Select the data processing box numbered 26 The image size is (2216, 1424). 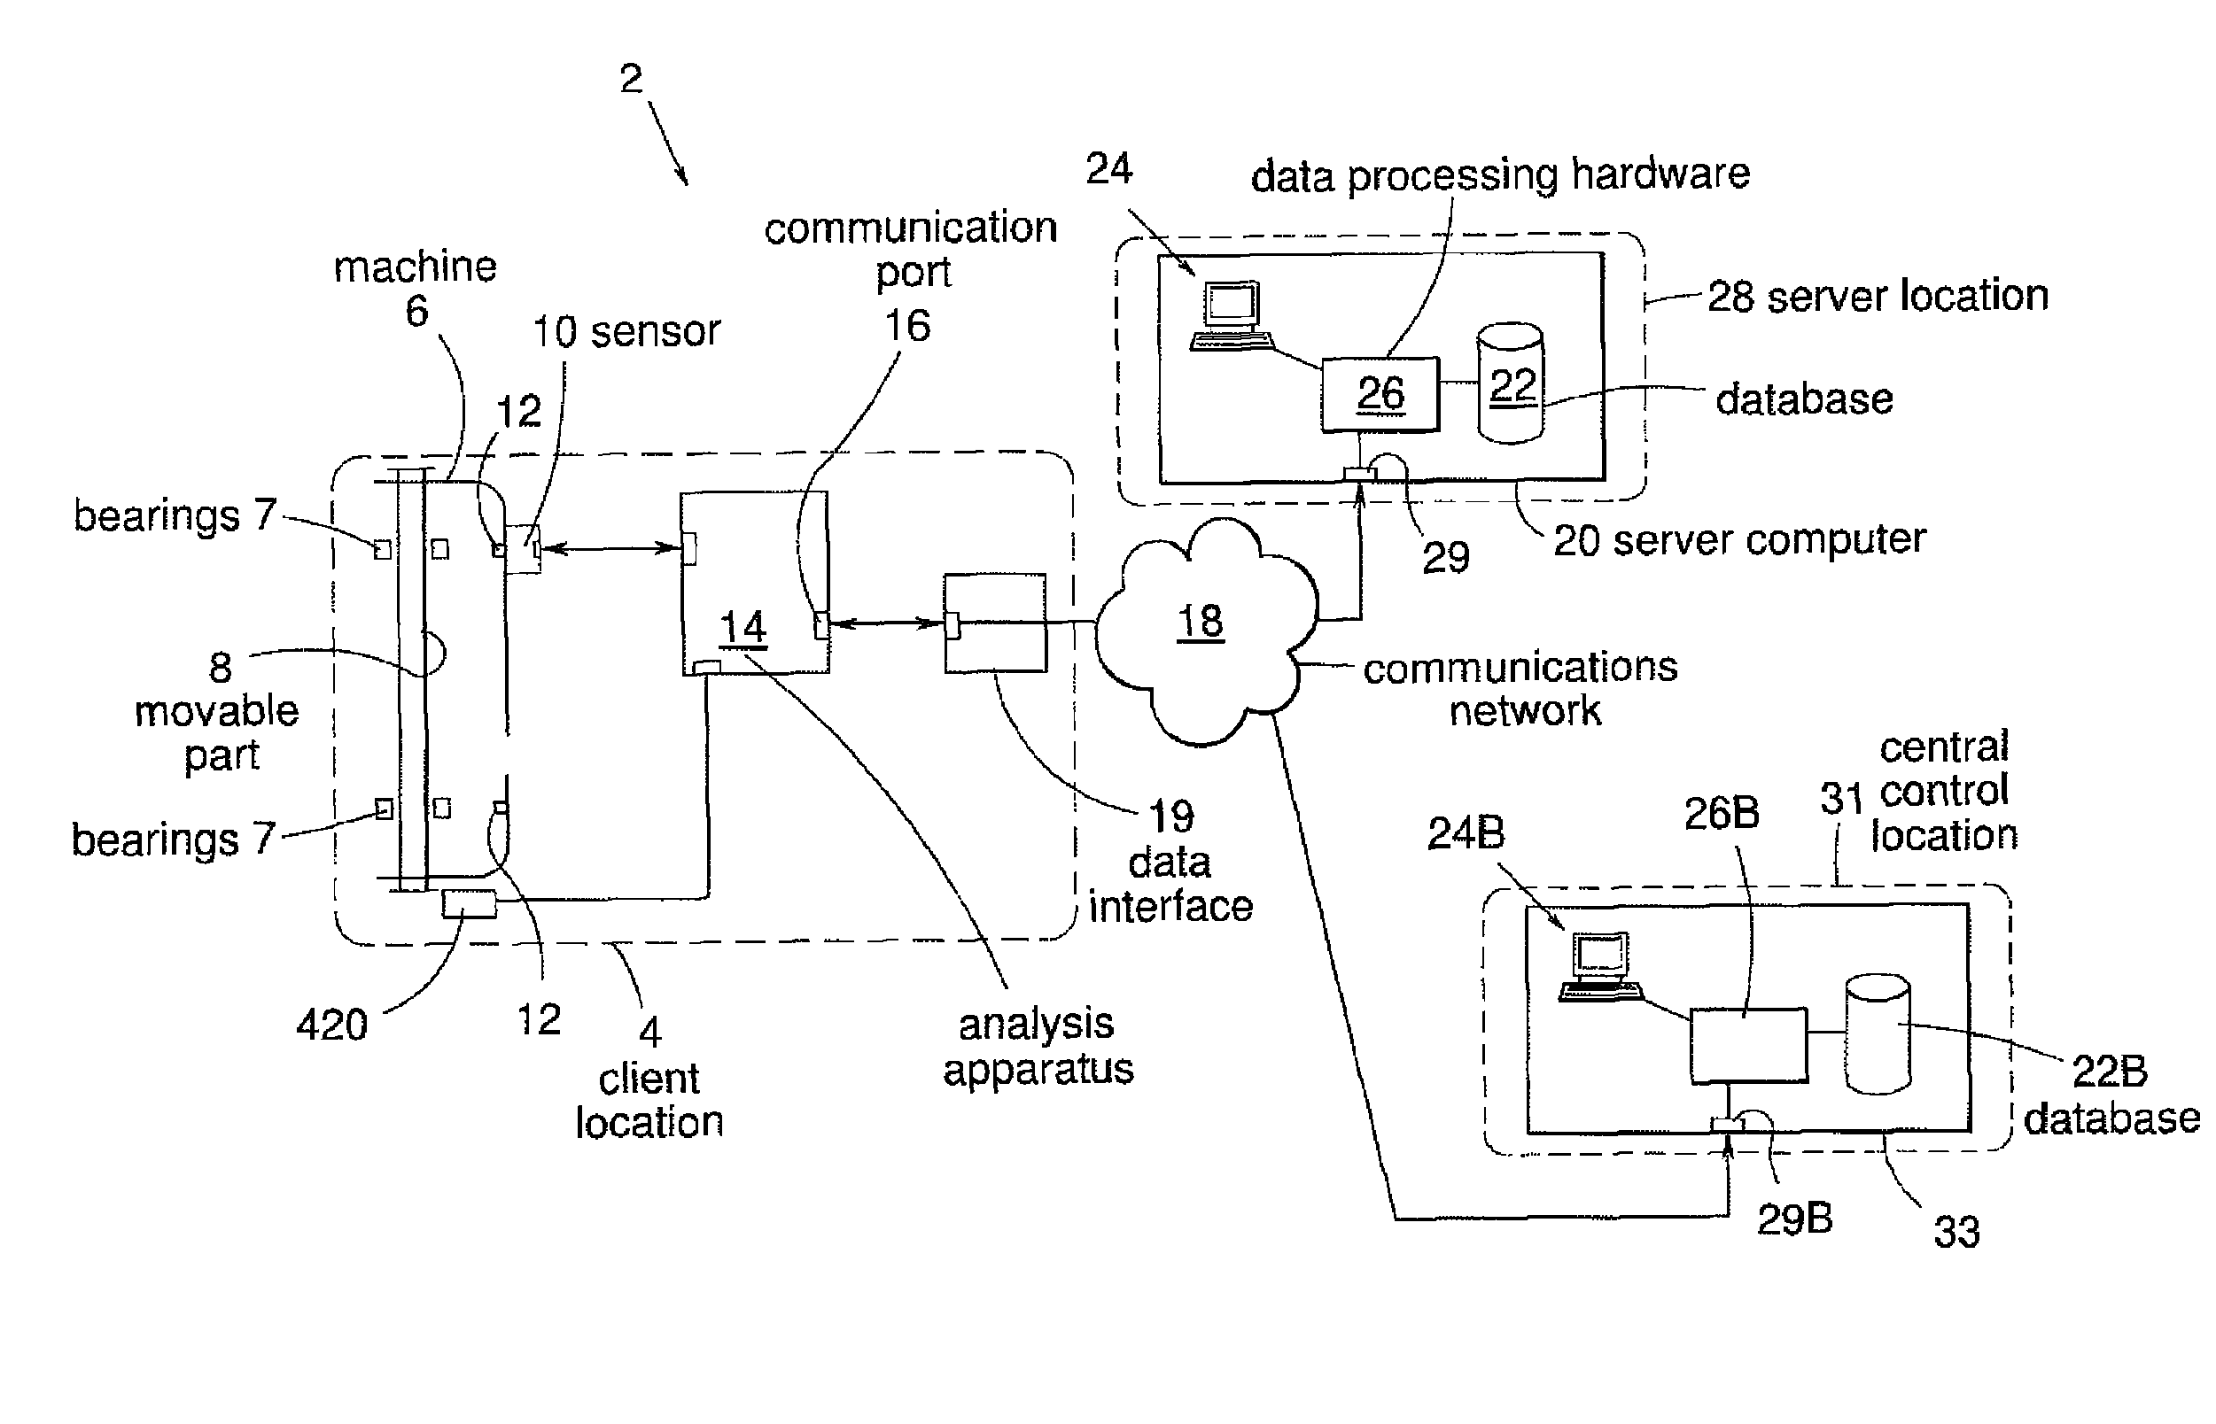coord(1379,394)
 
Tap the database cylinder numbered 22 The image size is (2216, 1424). coord(1511,382)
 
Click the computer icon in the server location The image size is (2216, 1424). coord(1230,316)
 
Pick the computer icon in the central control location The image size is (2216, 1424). coord(1600,966)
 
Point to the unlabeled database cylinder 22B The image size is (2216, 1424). coord(1878,1033)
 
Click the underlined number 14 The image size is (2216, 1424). coord(743,628)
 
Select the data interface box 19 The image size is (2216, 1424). coord(995,623)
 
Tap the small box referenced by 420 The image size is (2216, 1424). coord(469,902)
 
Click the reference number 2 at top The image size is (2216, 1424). coord(631,79)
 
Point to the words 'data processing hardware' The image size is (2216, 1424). coord(1500,174)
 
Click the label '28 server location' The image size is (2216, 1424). coord(1878,296)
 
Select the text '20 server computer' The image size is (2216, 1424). coord(1738,540)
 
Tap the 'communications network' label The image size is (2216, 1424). coord(1520,688)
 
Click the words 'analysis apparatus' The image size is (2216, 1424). coord(1038,1047)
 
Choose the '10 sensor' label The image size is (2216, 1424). coord(626,331)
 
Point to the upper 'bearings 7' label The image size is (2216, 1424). coord(175,515)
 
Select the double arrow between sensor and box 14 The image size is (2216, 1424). coord(611,548)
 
